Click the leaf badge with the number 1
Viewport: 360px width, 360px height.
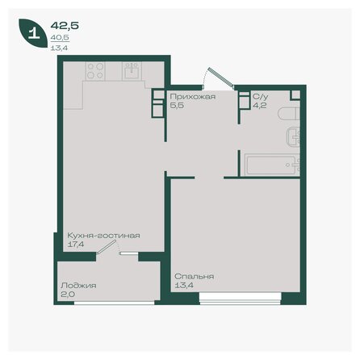pyautogui.click(x=32, y=34)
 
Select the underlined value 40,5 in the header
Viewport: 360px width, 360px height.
pyautogui.click(x=58, y=37)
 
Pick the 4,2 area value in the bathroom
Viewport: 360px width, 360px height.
pyautogui.click(x=257, y=105)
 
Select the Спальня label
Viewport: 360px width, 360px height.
pyautogui.click(x=194, y=276)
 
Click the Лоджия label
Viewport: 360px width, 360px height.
pyautogui.click(x=78, y=286)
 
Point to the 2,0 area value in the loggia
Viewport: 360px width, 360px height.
pyautogui.click(x=67, y=294)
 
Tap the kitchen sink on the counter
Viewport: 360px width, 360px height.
pyautogui.click(x=132, y=71)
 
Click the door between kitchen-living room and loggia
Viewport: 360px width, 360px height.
pyautogui.click(x=104, y=251)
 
